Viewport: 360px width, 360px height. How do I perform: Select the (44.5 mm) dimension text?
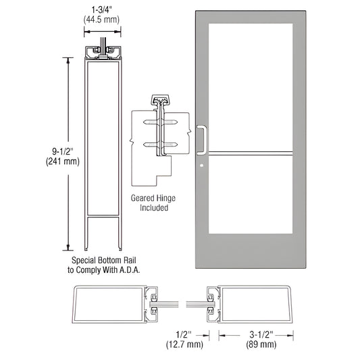(102, 21)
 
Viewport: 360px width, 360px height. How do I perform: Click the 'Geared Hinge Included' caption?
(150, 203)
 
